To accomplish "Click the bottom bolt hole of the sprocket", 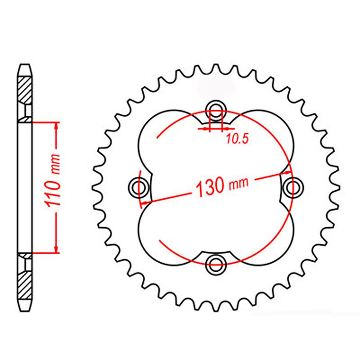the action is (x=216, y=264).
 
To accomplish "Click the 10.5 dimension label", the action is (x=238, y=139).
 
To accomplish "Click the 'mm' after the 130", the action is (x=239, y=184).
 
